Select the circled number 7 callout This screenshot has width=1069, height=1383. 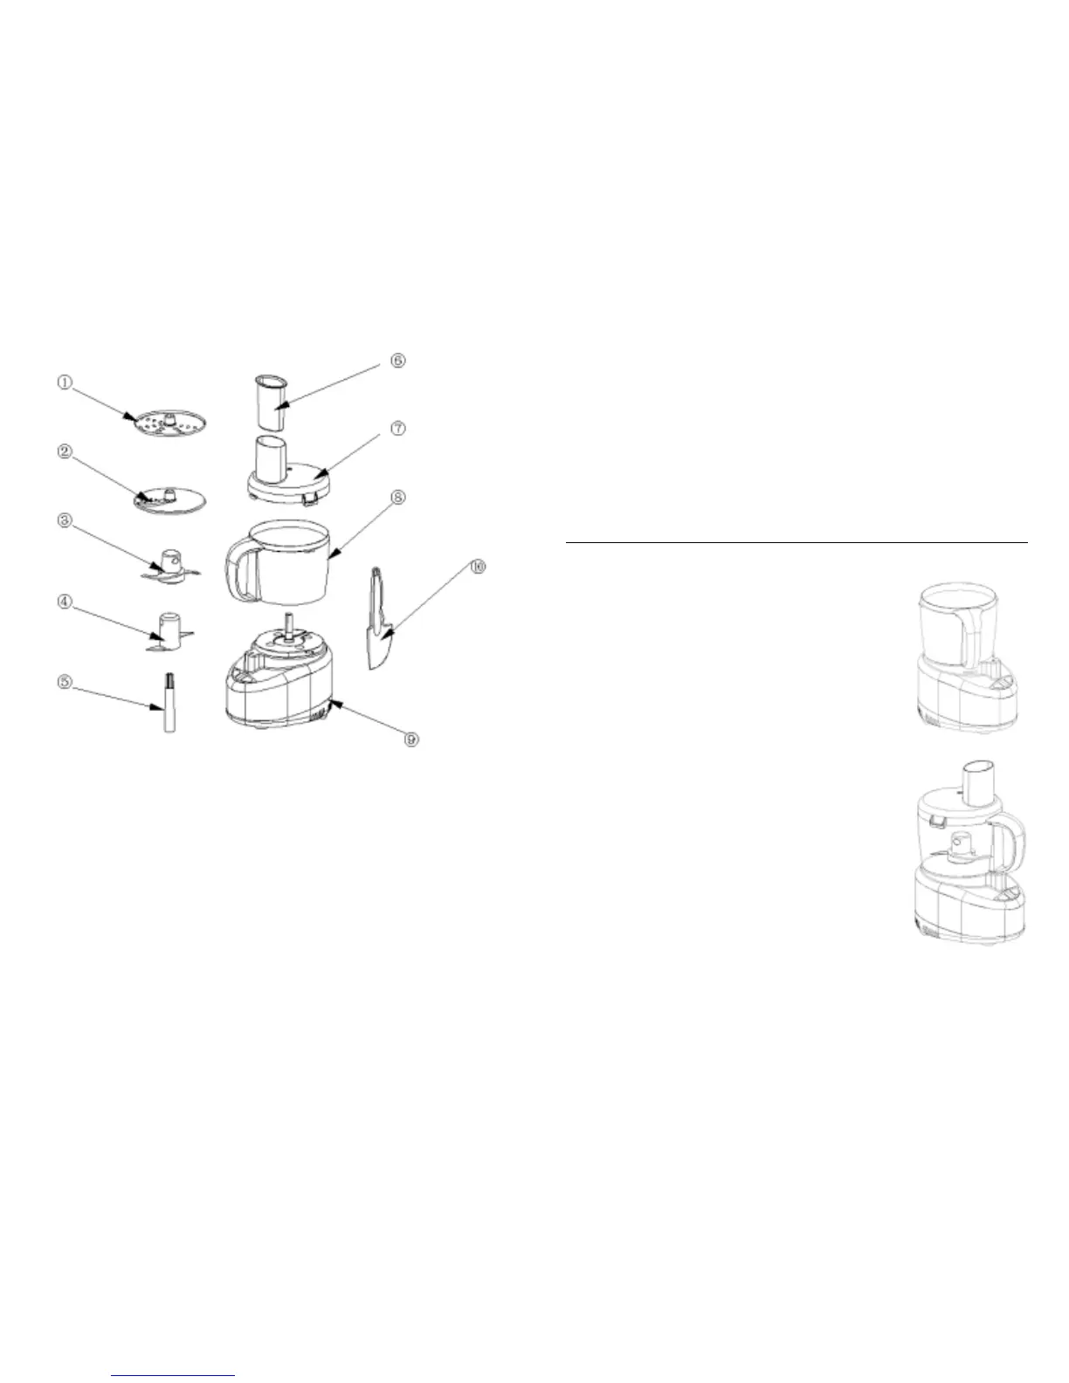397,429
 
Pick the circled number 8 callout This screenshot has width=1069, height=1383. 397,497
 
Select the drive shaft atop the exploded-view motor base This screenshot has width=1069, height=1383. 286,627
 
